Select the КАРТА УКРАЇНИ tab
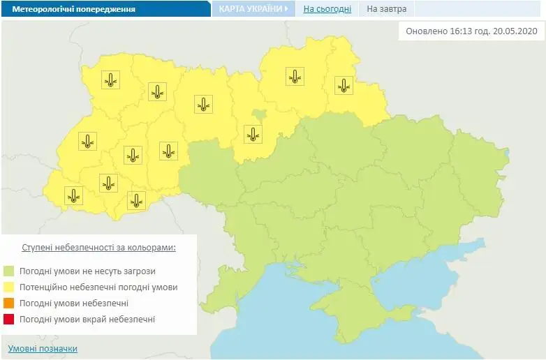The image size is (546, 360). click(x=251, y=9)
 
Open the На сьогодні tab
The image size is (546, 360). click(x=327, y=9)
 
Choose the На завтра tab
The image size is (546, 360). click(x=386, y=9)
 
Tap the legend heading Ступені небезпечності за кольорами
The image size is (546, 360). click(x=99, y=248)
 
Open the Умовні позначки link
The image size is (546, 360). click(x=43, y=348)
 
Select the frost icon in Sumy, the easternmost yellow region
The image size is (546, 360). click(x=343, y=86)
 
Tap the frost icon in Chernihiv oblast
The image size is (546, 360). click(x=295, y=77)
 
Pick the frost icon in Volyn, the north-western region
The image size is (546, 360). click(x=110, y=80)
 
